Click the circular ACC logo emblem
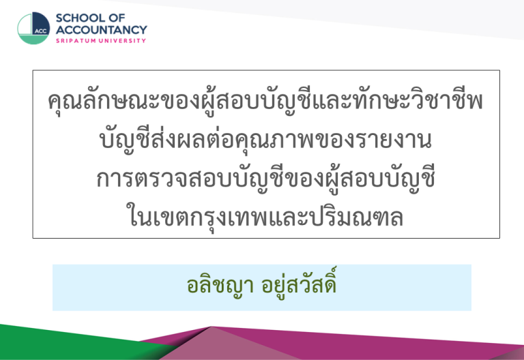(33, 29)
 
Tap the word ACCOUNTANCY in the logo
(101, 30)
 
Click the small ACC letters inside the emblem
(41, 31)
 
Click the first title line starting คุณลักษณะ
(265, 100)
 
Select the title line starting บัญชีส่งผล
(265, 140)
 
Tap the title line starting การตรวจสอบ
(265, 179)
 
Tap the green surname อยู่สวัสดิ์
(299, 284)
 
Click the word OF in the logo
(117, 18)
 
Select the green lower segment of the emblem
(33, 40)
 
